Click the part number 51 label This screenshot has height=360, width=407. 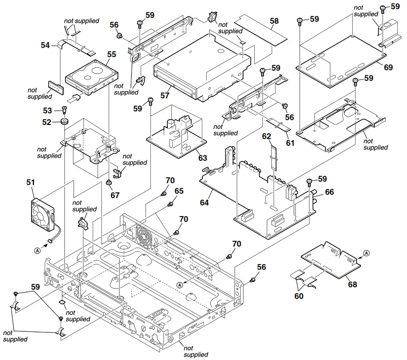pos(31,183)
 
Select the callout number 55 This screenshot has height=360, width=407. pos(112,55)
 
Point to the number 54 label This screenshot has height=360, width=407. pos(46,45)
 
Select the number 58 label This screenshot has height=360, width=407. pos(275,21)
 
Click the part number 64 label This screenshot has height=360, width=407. pos(204,203)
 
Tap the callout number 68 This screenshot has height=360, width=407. pos(353,284)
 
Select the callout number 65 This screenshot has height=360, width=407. pos(179,192)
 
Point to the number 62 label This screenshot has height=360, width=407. pos(266,137)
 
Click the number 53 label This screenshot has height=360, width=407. pos(48,111)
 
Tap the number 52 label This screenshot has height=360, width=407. pos(47,122)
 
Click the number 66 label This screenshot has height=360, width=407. pos(329,192)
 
